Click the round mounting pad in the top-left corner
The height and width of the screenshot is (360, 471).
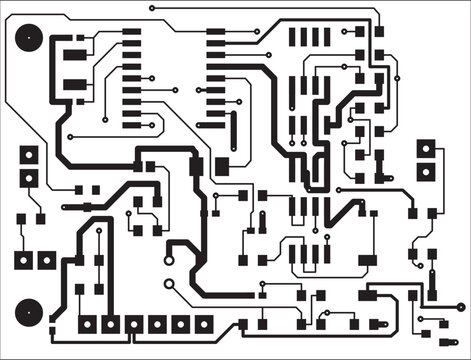click(x=28, y=39)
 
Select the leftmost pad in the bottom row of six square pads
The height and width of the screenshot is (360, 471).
click(x=87, y=324)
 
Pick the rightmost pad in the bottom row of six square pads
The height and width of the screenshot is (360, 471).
click(x=203, y=324)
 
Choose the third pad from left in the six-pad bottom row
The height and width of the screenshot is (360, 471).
click(x=133, y=324)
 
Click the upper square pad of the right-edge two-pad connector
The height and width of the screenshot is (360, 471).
click(x=427, y=148)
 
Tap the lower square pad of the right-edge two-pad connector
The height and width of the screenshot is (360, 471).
click(x=427, y=171)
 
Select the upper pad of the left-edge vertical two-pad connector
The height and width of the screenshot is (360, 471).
click(x=29, y=155)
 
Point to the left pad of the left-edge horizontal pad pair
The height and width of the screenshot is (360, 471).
click(x=21, y=261)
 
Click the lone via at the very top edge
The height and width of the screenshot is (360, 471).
click(x=152, y=8)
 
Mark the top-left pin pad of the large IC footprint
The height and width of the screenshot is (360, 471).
click(x=132, y=32)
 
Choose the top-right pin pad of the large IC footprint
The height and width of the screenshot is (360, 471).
click(x=215, y=32)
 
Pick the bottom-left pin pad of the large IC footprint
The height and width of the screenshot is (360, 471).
click(x=132, y=126)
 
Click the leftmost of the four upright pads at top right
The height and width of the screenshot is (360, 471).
click(x=293, y=37)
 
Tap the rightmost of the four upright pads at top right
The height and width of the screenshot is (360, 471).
click(x=326, y=37)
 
